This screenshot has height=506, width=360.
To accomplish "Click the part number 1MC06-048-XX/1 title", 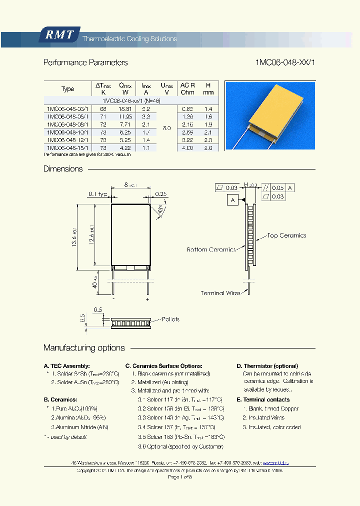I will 285,62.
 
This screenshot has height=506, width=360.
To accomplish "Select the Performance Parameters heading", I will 85,62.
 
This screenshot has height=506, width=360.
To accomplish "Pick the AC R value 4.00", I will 187,148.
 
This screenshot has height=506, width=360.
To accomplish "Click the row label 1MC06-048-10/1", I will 68,132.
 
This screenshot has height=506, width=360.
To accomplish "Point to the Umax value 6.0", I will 166,128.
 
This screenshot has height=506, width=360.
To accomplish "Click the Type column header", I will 68,89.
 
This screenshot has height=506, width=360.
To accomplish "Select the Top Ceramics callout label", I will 286,235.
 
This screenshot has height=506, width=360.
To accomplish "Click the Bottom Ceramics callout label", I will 211,249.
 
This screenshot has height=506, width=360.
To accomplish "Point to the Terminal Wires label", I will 220,293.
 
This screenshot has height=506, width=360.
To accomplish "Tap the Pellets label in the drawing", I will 170,319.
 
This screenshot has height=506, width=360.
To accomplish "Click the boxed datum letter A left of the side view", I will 232,200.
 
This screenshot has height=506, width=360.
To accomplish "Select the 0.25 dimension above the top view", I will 161,193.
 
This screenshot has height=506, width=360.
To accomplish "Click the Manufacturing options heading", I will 84,347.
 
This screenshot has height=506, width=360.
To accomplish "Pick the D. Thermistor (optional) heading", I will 267,366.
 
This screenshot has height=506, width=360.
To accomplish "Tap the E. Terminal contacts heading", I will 263,399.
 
